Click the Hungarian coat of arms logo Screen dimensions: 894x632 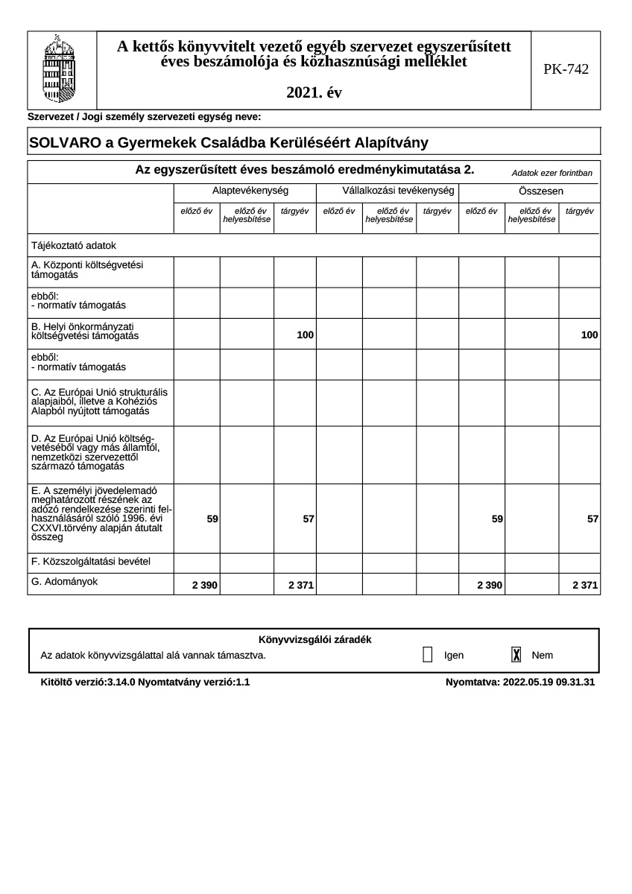point(61,71)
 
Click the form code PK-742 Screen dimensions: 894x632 point(566,69)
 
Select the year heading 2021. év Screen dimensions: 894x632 point(314,93)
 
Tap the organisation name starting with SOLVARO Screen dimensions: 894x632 point(228,142)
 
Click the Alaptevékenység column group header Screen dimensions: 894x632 point(245,191)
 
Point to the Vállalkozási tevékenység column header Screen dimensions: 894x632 point(388,191)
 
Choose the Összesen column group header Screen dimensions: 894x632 point(530,191)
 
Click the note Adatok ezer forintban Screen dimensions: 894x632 point(552,173)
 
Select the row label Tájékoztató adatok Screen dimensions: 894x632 point(74,245)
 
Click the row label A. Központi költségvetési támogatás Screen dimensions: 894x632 point(87,270)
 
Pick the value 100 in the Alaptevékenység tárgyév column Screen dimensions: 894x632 point(305,336)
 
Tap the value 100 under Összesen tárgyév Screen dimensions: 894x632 point(590,336)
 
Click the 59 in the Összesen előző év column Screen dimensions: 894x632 point(497,519)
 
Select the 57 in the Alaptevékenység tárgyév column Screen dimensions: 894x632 point(308,519)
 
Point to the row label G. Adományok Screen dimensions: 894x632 point(65,580)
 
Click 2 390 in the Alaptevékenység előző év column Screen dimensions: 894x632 point(205,586)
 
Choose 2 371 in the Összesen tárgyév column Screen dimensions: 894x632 point(585,586)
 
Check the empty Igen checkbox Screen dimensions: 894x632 point(427,655)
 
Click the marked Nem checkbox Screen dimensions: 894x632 point(516,655)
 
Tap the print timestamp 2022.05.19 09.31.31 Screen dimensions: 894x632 point(549,682)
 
